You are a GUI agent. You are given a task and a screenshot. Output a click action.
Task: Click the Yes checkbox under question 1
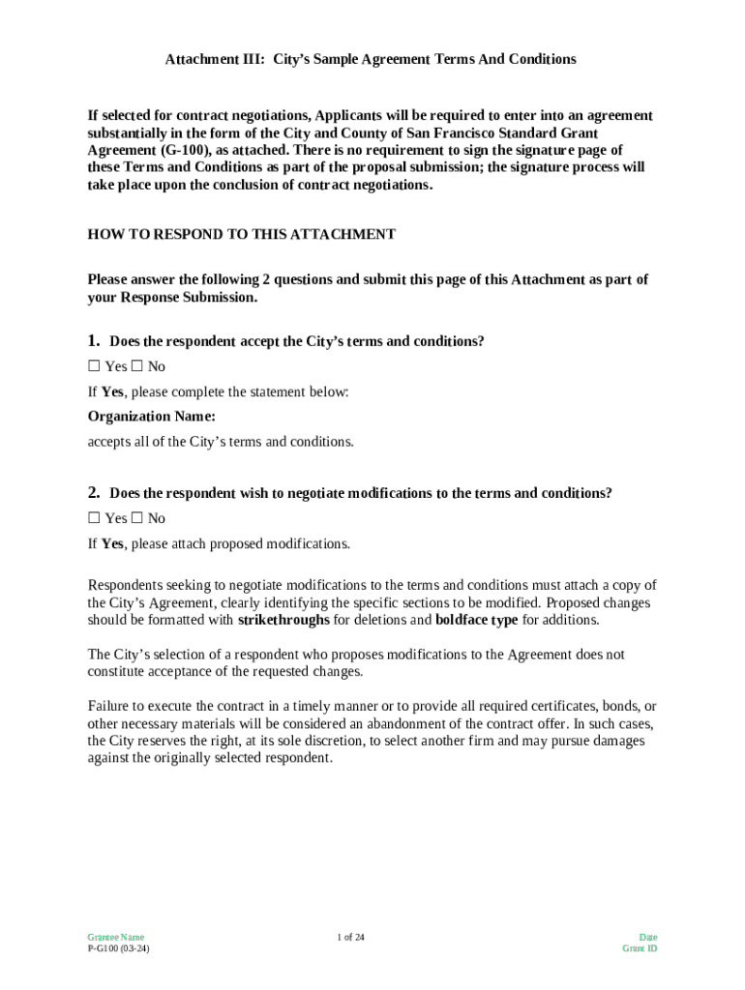pos(94,366)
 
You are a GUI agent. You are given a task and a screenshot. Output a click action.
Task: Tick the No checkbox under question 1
pos(136,366)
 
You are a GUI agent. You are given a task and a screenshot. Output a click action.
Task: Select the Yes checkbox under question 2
pos(94,518)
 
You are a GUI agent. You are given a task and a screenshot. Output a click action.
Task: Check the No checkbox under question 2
pos(136,518)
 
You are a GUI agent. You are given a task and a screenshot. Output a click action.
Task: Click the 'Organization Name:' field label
pos(151,417)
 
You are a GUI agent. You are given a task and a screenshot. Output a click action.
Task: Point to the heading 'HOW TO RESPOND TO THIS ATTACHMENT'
pos(241,234)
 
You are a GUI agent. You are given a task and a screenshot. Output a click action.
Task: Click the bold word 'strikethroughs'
pos(283,620)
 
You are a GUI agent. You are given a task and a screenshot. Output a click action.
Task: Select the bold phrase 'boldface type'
pos(476,620)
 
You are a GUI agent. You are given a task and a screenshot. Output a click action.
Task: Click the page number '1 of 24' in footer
pos(350,937)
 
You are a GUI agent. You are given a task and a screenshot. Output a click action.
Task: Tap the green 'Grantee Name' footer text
pos(115,937)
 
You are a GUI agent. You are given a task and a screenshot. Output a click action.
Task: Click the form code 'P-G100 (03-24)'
pos(118,948)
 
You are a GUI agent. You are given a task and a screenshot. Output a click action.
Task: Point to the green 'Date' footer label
pos(647,937)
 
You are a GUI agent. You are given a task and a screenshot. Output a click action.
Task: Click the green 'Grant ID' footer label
pos(640,948)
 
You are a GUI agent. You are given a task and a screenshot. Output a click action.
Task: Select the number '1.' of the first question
pos(94,341)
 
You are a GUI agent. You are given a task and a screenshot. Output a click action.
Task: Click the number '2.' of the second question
pos(94,493)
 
